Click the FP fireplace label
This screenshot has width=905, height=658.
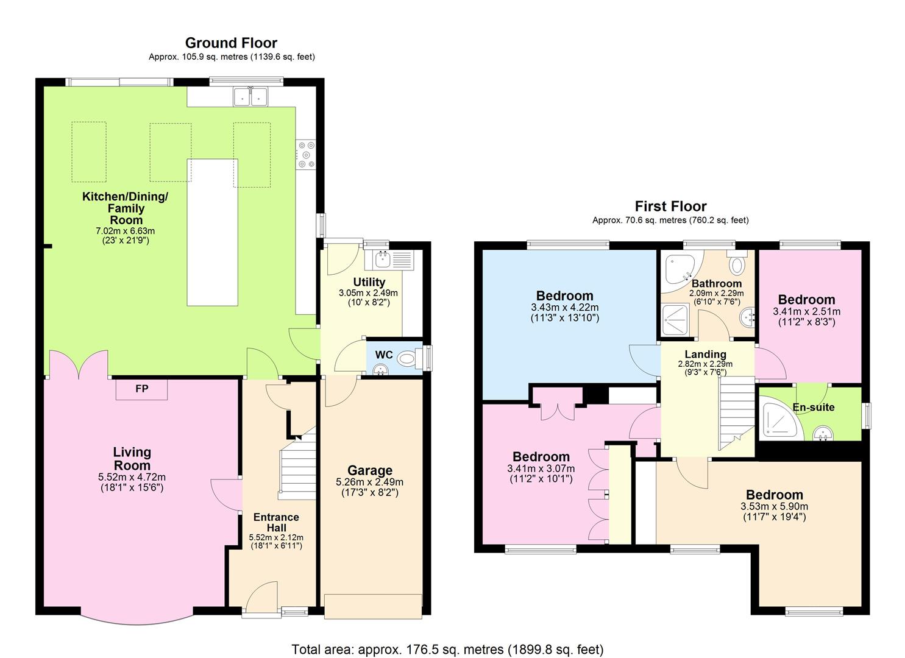click(141, 389)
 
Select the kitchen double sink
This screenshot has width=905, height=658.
click(250, 96)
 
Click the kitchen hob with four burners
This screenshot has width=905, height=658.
click(306, 154)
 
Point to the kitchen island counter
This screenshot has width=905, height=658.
click(212, 232)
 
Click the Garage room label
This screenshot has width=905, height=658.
click(369, 470)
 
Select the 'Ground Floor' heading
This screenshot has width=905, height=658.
click(231, 43)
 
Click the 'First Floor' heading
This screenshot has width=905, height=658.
click(670, 206)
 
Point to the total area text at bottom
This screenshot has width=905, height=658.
click(447, 649)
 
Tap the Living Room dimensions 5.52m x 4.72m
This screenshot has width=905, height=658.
click(132, 477)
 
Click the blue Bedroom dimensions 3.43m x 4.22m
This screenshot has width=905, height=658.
click(564, 307)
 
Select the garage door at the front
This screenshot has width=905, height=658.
click(372, 606)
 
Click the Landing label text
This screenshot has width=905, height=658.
click(705, 354)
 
